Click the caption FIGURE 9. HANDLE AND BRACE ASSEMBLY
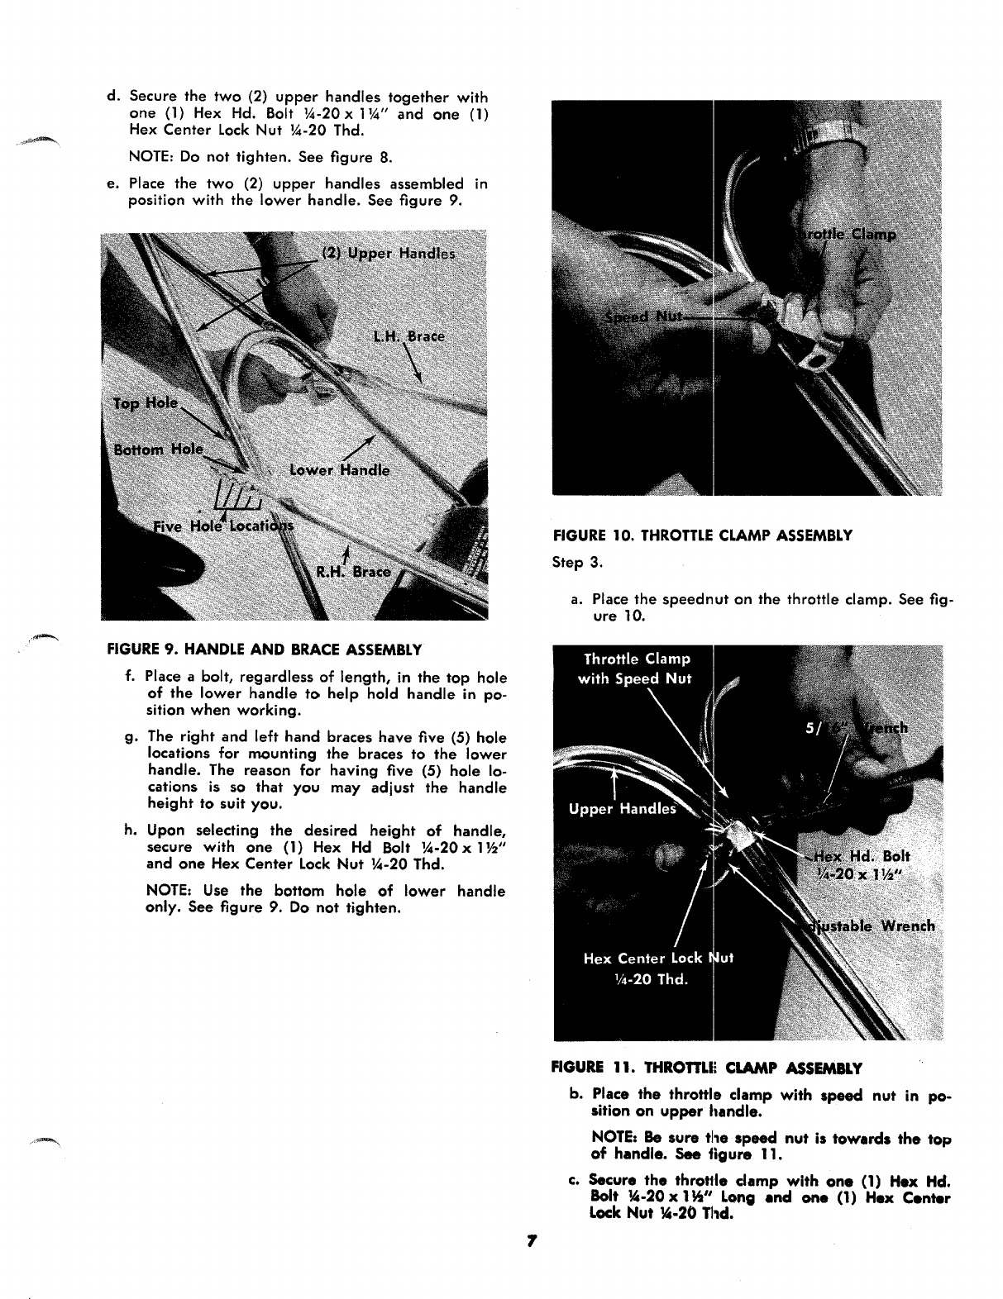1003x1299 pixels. (x=265, y=649)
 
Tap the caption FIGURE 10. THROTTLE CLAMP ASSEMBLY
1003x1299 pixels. (x=702, y=535)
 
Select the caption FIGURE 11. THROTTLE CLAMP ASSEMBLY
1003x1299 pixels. (x=707, y=1068)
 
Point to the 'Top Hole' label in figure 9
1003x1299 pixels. (x=146, y=403)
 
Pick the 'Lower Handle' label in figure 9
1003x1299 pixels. (x=339, y=470)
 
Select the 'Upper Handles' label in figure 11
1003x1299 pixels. (x=622, y=809)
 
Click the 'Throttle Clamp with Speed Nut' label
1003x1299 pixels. (x=637, y=669)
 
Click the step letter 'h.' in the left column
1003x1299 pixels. (x=131, y=830)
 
